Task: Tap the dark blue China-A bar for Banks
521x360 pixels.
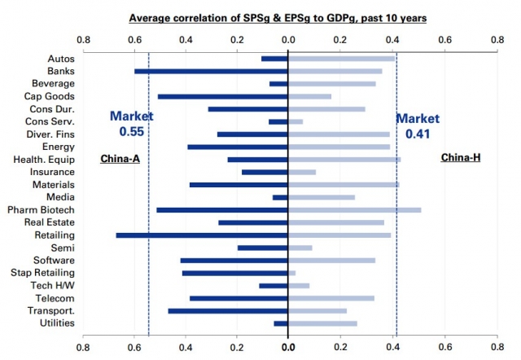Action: pyautogui.click(x=211, y=71)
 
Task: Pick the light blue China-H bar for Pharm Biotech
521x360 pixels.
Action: pyautogui.click(x=355, y=209)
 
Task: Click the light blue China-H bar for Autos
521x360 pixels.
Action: pyautogui.click(x=342, y=58)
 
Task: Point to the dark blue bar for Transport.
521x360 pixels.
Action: pyautogui.click(x=228, y=310)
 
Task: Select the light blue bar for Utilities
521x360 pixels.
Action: pyautogui.click(x=323, y=323)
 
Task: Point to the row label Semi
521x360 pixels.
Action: pyautogui.click(x=63, y=247)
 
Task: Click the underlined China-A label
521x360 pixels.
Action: pyautogui.click(x=120, y=158)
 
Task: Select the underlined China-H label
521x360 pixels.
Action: pyautogui.click(x=460, y=157)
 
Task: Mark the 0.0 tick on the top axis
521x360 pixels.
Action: pyautogui.click(x=288, y=38)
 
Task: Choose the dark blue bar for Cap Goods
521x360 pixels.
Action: pyautogui.click(x=222, y=96)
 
